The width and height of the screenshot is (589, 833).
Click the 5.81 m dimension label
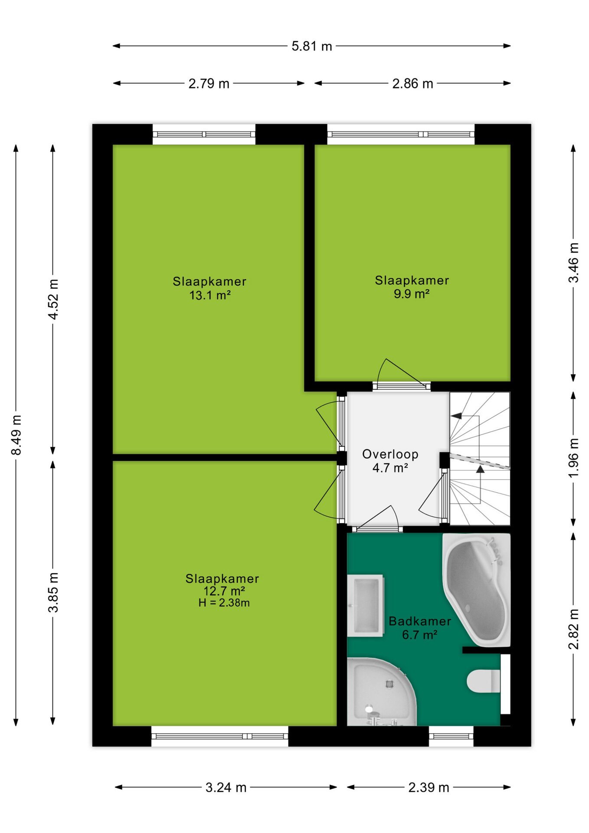coord(311,46)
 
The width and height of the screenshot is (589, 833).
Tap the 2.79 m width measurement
coord(209,83)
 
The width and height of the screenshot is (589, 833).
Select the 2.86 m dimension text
coord(412,83)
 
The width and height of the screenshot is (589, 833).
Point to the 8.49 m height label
coord(16,435)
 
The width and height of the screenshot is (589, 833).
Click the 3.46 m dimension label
coord(573,263)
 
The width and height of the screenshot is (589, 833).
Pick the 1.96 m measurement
coord(573,458)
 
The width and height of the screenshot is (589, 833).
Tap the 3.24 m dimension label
coord(226,787)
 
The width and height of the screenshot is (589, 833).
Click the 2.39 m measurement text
coord(429,787)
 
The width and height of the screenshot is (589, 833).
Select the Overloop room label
coord(390,454)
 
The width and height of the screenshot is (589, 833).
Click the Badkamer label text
coord(420,621)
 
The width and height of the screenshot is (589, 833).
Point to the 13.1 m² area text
coord(210,295)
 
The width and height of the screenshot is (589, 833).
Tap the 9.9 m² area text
coord(412,294)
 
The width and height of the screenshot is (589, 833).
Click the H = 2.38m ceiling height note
coord(224,603)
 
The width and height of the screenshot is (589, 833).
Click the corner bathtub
coord(477,590)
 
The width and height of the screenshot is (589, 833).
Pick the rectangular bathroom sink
coord(366,606)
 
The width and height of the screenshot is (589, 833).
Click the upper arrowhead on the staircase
coord(456,416)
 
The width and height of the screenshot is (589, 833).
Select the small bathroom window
coord(451,736)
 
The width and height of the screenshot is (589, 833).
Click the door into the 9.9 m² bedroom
coord(401,375)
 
